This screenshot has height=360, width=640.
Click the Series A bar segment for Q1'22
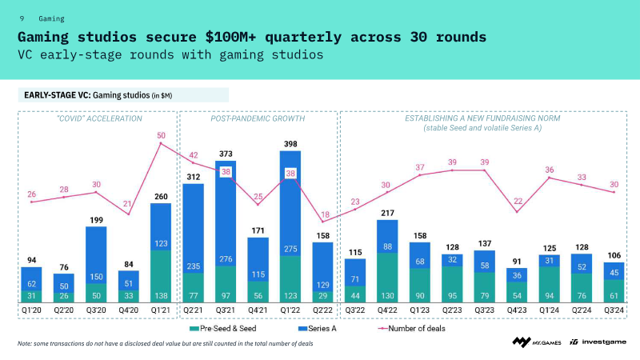click(290, 204)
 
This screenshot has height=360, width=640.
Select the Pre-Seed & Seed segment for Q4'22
click(387, 278)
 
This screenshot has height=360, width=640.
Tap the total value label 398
click(290, 144)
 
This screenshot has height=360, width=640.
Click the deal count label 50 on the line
click(162, 135)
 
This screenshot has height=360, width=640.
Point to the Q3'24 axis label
click(614, 310)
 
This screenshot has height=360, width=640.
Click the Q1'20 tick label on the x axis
click(31, 310)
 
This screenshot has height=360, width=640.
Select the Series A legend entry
click(318, 329)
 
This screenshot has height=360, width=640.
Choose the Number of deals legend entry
click(412, 329)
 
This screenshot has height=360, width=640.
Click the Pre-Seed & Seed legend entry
click(223, 329)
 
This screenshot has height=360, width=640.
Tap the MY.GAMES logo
click(537, 342)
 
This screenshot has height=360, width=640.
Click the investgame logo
click(598, 342)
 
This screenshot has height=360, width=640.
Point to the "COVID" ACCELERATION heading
click(99, 118)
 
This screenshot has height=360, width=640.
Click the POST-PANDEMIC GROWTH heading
click(258, 118)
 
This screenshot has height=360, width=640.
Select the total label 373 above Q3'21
click(226, 154)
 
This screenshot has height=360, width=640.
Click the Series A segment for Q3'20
click(96, 255)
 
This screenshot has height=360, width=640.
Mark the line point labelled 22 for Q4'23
click(517, 212)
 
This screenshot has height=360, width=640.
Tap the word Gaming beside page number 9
click(51, 18)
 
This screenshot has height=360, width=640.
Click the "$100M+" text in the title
click(230, 37)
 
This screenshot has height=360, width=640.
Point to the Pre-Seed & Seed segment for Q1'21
click(161, 276)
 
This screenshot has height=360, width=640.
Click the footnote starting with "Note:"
click(166, 344)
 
